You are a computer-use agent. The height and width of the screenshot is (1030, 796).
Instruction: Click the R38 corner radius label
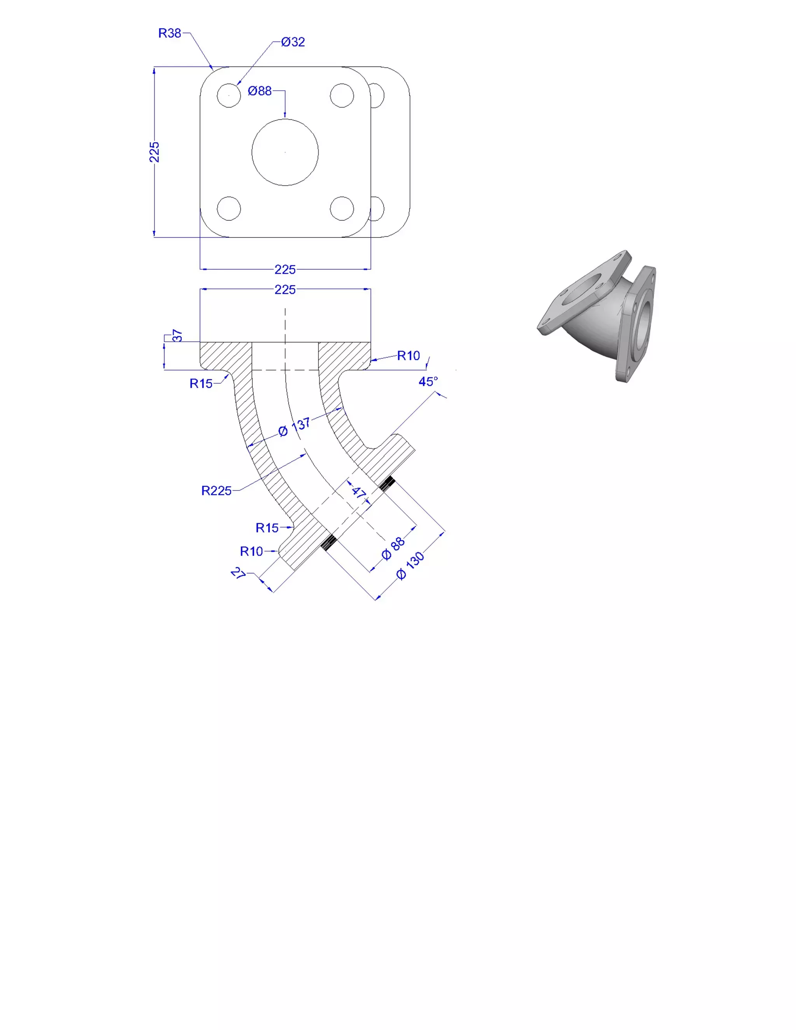pyautogui.click(x=170, y=33)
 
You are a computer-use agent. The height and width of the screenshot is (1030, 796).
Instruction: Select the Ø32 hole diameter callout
pyautogui.click(x=293, y=42)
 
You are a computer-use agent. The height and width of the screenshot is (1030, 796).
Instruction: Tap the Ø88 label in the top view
pyautogui.click(x=260, y=91)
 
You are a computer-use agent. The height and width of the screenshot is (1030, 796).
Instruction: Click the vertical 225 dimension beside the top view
pyautogui.click(x=154, y=152)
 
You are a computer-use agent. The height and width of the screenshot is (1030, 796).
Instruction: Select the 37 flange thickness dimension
pyautogui.click(x=177, y=336)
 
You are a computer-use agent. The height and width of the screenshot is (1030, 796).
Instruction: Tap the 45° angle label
pyautogui.click(x=428, y=382)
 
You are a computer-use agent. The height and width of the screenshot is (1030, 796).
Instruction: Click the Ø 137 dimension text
pyautogui.click(x=294, y=427)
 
